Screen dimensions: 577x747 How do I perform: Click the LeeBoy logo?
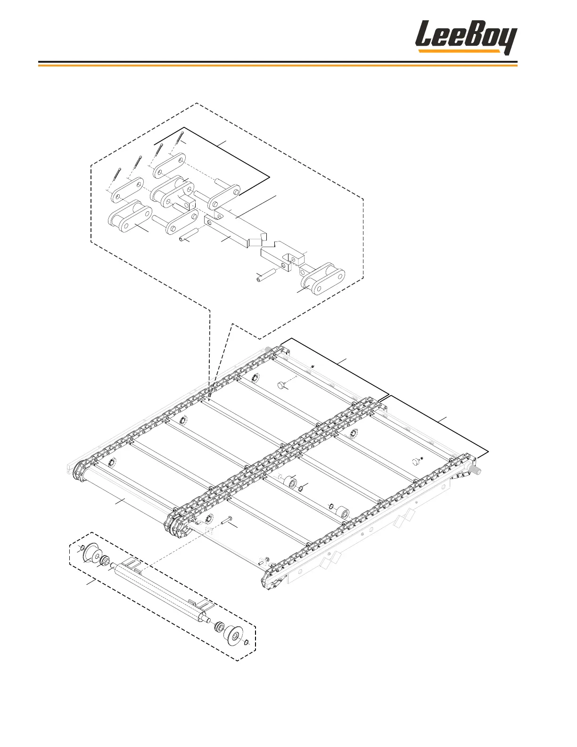[466, 38]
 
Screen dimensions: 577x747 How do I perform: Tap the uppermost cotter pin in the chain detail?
[179, 139]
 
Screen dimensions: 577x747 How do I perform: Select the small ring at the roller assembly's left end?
[82, 548]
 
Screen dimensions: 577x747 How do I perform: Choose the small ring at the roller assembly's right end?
[246, 642]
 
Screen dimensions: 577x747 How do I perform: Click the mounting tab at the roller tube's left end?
[132, 563]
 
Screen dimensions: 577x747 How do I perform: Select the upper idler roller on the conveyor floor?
[288, 483]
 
